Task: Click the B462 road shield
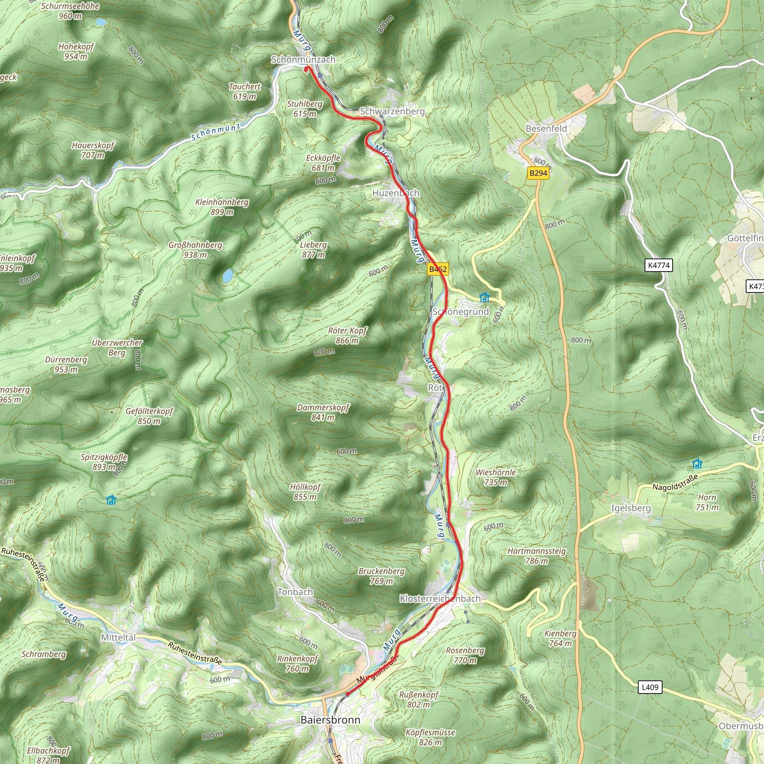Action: click(438, 269)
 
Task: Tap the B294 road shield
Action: click(538, 173)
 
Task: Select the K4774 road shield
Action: click(659, 265)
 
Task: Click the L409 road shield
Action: click(650, 687)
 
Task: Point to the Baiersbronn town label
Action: click(330, 719)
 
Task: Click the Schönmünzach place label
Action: click(303, 59)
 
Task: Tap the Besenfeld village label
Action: click(546, 129)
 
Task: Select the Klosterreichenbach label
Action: click(440, 598)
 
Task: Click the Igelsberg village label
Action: click(631, 508)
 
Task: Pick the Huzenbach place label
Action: click(396, 193)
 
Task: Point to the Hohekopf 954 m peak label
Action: click(76, 51)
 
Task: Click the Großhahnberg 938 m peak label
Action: click(195, 250)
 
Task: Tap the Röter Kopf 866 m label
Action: click(348, 335)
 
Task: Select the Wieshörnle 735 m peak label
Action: click(495, 477)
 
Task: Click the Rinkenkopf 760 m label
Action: click(297, 663)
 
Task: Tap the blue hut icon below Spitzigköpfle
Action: click(112, 500)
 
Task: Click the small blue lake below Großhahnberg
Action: click(228, 275)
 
